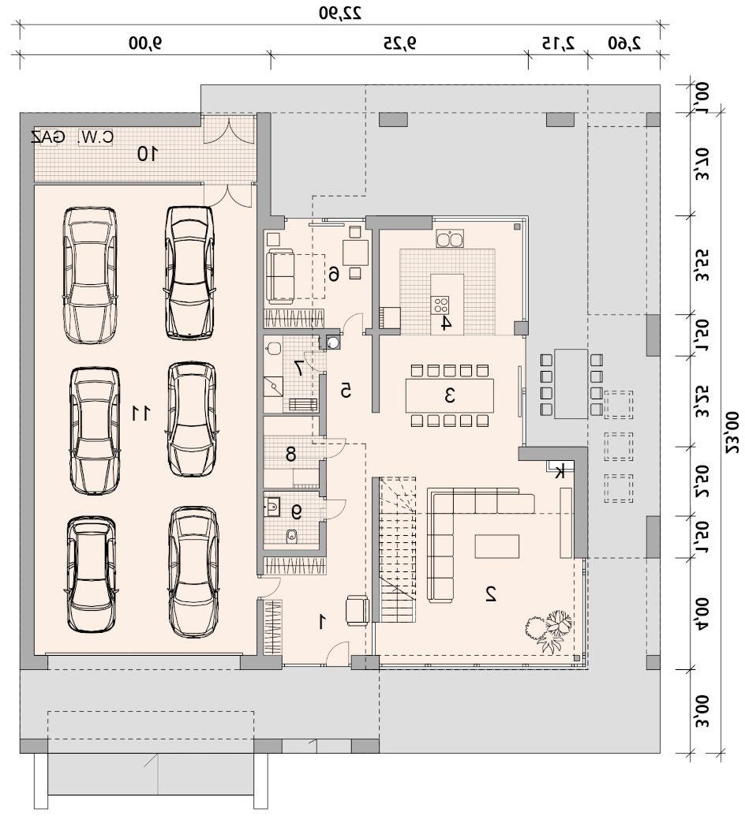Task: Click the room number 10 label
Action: click(x=148, y=154)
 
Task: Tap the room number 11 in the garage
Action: click(x=140, y=414)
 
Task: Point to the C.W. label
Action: click(x=95, y=137)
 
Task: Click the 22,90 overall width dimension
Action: click(x=340, y=13)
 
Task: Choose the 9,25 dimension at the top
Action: click(x=400, y=43)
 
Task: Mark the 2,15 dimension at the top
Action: click(x=558, y=43)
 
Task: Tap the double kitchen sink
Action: click(x=450, y=239)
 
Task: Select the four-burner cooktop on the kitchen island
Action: click(x=440, y=305)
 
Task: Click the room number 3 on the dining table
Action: click(x=450, y=395)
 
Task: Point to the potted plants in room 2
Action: click(x=548, y=631)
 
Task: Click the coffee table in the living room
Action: click(x=496, y=547)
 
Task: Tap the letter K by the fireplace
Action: click(x=560, y=473)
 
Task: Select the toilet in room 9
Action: click(x=292, y=534)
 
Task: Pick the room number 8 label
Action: click(x=291, y=455)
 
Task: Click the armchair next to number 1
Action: click(x=358, y=611)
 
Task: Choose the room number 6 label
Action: click(x=334, y=274)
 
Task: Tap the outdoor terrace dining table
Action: click(x=571, y=384)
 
